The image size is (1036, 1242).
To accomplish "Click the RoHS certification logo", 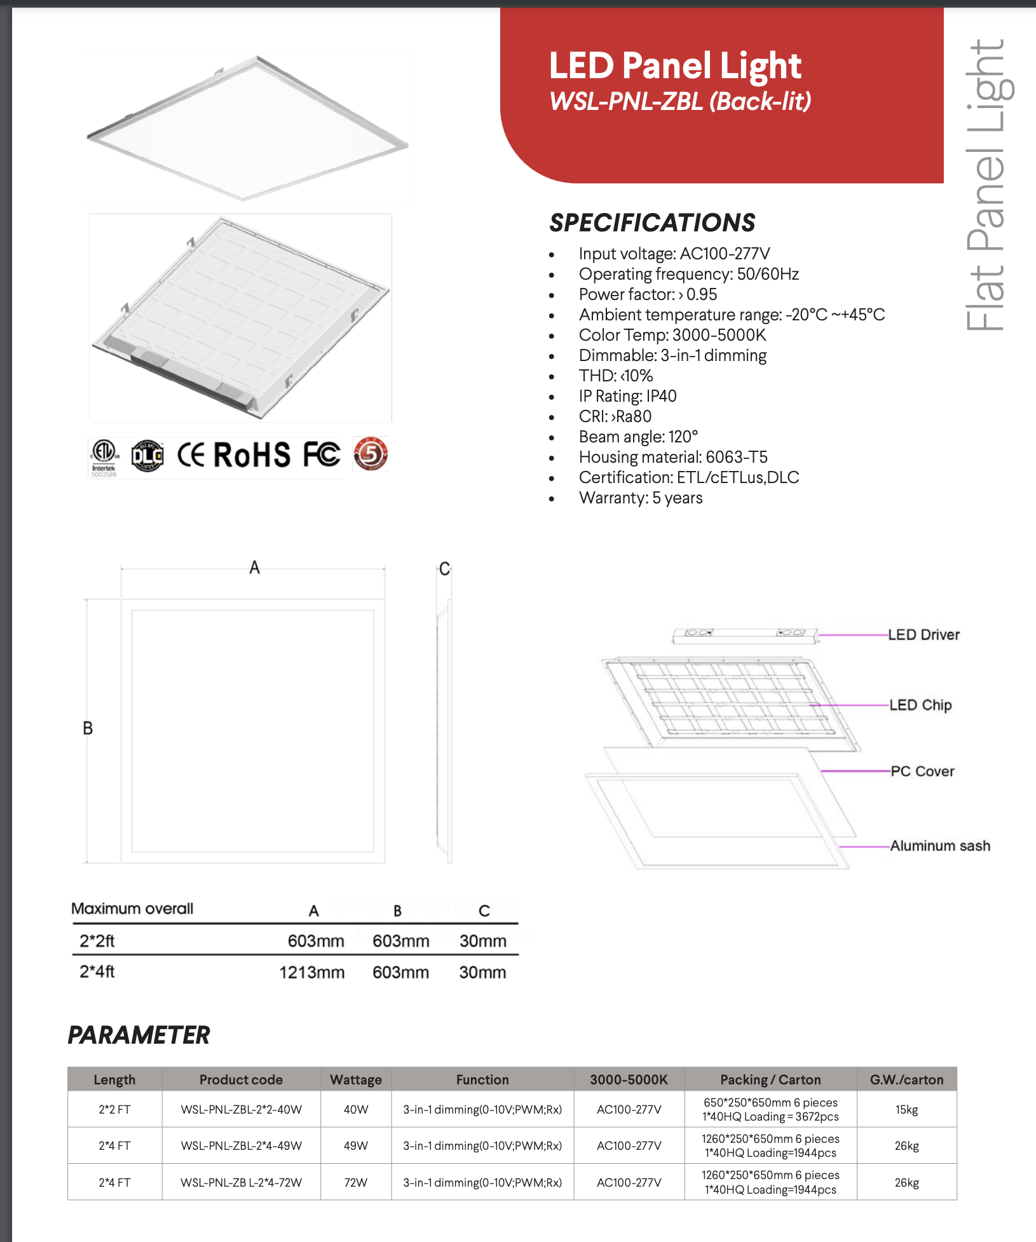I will coord(252,455).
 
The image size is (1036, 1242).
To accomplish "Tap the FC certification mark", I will coord(321,455).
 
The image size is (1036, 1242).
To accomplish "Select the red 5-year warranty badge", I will coord(371,454).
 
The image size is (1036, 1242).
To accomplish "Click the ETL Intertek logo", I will coord(104,456).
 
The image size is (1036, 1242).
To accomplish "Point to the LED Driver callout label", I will coord(924,635).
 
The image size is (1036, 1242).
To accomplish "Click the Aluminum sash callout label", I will coord(939,846).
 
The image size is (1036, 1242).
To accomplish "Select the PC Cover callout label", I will coord(922,772).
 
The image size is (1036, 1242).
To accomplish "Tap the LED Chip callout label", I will coord(920,706).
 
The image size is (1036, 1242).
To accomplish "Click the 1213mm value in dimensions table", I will coord(312,972).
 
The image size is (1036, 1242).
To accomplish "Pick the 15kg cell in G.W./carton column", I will coord(906,1110).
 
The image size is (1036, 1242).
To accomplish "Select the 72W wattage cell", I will coord(356,1182).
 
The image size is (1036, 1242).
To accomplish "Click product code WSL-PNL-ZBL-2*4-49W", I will coord(242,1146).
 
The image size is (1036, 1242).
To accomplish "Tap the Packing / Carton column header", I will coord(770,1080).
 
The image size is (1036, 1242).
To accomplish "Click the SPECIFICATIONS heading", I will coord(652,223).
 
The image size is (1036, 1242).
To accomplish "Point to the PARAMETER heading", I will coord(139,1035).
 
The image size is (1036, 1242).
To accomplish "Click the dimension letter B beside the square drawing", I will coord(88,728).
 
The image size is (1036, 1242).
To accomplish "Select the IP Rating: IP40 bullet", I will coord(627,397).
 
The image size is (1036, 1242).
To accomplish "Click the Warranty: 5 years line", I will coord(640,498).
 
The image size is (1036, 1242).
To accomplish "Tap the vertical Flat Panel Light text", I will coord(986,184).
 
